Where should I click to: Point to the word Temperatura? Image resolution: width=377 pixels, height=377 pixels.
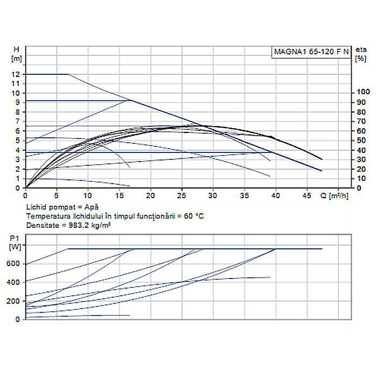[x=46, y=215]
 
